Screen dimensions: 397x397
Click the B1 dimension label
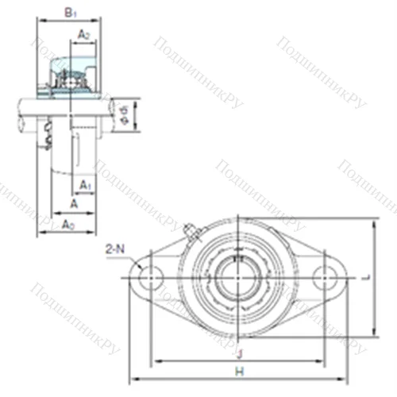(x=70, y=13)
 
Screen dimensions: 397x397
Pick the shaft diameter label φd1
(x=124, y=114)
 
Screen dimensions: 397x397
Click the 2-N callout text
(x=115, y=250)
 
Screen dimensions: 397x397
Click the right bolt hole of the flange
(x=326, y=277)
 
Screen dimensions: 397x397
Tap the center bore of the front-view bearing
(x=238, y=277)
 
